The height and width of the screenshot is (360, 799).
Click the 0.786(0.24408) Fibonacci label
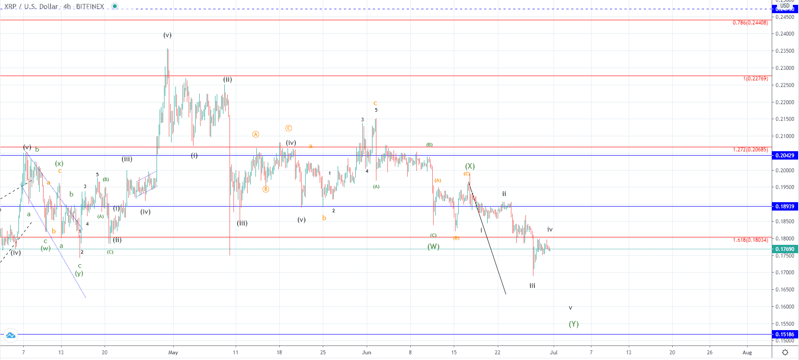[750, 23]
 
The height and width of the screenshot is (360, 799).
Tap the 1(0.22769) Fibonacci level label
[755, 79]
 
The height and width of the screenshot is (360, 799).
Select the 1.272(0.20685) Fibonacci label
[750, 150]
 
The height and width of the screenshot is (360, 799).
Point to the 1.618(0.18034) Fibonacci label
[750, 240]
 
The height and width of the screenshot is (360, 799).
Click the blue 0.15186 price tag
[784, 335]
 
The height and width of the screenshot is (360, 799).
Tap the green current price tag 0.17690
[784, 249]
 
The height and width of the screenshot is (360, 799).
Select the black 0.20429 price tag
[784, 156]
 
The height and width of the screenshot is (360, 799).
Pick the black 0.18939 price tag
[784, 207]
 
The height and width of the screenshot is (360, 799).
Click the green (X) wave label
[470, 166]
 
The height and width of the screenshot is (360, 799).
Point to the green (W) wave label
[434, 247]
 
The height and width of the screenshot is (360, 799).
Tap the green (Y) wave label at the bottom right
[574, 324]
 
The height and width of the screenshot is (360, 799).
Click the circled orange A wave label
[256, 135]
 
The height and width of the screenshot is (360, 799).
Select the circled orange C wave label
[288, 128]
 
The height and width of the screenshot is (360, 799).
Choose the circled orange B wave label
[266, 189]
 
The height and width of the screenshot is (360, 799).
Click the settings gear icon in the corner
[785, 352]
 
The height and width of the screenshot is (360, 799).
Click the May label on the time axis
[173, 353]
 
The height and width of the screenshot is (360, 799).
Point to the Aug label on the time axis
[747, 353]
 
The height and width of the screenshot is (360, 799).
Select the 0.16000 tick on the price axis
[784, 307]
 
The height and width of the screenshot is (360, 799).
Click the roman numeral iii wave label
[532, 286]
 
